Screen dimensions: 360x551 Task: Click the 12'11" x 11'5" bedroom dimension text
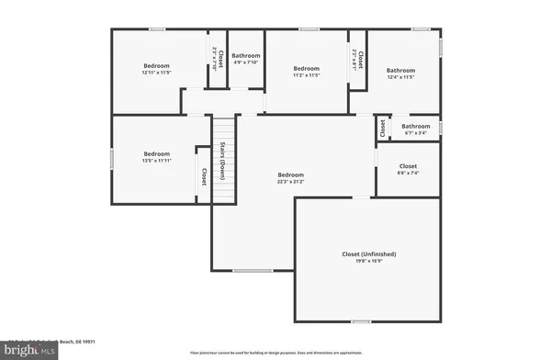pos(156,73)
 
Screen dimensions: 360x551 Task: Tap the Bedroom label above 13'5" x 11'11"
pos(156,153)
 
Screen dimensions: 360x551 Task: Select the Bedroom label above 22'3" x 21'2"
pos(291,174)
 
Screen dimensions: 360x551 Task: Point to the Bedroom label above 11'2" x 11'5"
pos(306,69)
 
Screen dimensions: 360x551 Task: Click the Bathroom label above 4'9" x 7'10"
pos(245,56)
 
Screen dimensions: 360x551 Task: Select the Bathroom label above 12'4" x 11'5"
pos(400,71)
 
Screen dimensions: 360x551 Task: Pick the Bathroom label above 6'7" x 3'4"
pos(415,126)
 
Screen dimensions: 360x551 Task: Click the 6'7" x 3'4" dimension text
pos(415,133)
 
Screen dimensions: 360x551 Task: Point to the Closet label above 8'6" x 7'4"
pos(408,166)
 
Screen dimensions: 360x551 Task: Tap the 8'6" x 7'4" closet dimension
pos(408,174)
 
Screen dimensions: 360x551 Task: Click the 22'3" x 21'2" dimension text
pos(291,182)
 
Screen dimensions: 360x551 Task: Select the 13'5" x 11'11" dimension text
pos(156,161)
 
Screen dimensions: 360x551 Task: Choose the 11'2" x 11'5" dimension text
pos(306,76)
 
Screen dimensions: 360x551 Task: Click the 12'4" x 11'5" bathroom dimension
pos(400,78)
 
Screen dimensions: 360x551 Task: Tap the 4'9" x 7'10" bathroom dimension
pos(245,63)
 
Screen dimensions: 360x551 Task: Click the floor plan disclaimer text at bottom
pos(275,354)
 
